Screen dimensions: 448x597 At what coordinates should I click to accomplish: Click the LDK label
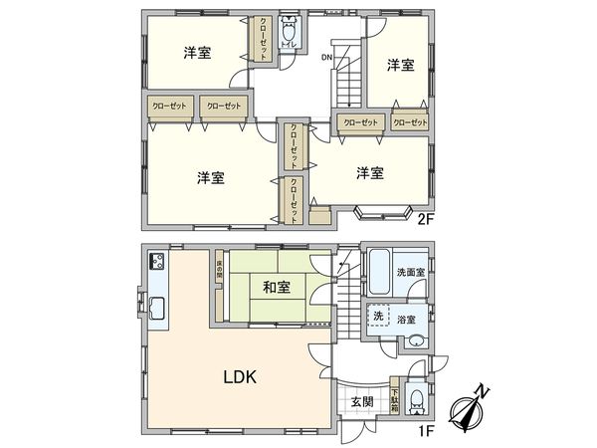[x=240, y=377]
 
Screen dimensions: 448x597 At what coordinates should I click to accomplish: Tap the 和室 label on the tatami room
[x=278, y=289]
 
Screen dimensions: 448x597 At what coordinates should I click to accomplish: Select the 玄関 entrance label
[x=361, y=402]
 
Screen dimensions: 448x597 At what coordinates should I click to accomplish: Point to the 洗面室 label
[x=410, y=272]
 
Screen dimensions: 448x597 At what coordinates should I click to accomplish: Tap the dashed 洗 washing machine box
[x=379, y=316]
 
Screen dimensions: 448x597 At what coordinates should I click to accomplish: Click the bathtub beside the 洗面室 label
[x=379, y=269]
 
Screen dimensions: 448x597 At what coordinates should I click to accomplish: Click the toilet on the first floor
[x=418, y=401]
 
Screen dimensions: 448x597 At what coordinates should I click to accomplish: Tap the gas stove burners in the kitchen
[x=156, y=263]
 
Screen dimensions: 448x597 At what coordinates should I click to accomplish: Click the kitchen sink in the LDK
[x=156, y=306]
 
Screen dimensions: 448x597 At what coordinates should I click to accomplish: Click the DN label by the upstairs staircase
[x=326, y=56]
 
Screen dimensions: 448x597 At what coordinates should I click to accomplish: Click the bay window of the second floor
[x=384, y=210]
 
